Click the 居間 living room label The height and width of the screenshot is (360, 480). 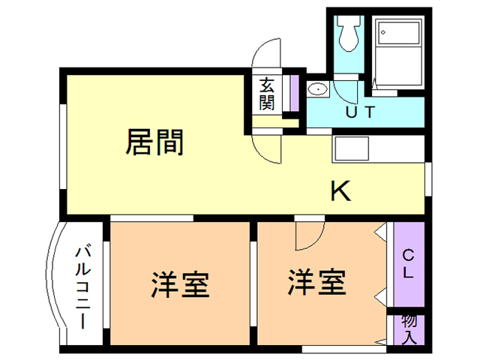pyautogui.click(x=154, y=141)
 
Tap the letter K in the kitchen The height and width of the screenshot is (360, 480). pyautogui.click(x=341, y=192)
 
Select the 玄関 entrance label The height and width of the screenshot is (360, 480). pyautogui.click(x=267, y=94)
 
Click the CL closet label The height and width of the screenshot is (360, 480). pyautogui.click(x=408, y=263)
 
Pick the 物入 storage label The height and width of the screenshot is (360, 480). pyautogui.click(x=409, y=328)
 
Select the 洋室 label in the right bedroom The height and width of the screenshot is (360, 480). pyautogui.click(x=316, y=283)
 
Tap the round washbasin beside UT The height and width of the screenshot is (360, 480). pyautogui.click(x=319, y=91)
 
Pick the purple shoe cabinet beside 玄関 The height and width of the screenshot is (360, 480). pyautogui.click(x=295, y=94)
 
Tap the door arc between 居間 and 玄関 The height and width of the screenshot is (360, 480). pyautogui.click(x=268, y=149)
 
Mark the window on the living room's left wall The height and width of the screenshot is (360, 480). pyautogui.click(x=63, y=142)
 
